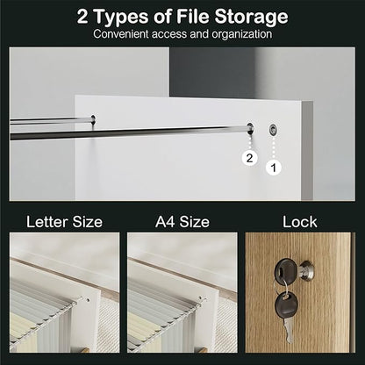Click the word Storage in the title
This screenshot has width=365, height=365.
click(x=251, y=17)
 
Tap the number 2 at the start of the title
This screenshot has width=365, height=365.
click(x=82, y=17)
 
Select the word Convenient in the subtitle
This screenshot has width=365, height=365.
click(x=121, y=34)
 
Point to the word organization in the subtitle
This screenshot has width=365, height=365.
click(x=242, y=34)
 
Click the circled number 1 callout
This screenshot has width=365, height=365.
click(x=274, y=168)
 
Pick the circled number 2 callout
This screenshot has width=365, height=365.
click(x=249, y=158)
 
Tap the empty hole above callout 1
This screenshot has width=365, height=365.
click(x=273, y=129)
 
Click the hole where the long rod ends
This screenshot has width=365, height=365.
click(x=250, y=128)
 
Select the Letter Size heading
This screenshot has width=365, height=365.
click(x=64, y=222)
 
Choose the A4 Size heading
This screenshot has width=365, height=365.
click(x=182, y=222)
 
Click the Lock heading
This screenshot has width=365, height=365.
click(x=300, y=222)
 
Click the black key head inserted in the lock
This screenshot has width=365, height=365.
click(x=284, y=269)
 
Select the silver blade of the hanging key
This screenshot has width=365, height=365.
click(x=289, y=330)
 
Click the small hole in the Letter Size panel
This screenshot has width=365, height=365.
click(x=88, y=299)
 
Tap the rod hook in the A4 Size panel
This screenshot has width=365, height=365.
click(x=202, y=299)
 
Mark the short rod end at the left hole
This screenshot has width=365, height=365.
click(x=93, y=118)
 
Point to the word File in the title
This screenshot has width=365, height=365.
click(x=193, y=17)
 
